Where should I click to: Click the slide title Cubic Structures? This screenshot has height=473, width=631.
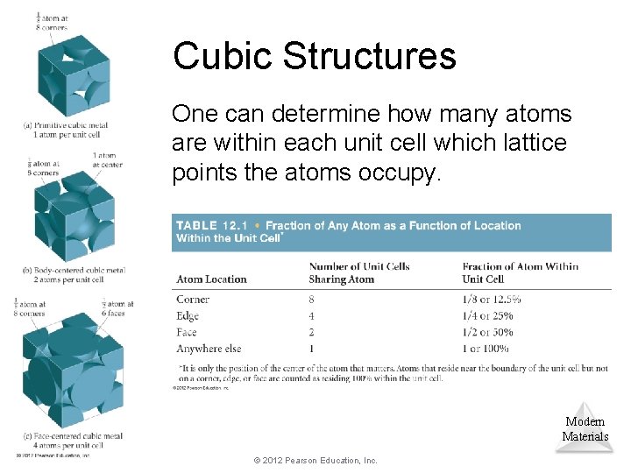point(315,56)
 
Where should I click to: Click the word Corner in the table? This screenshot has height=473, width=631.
point(193,300)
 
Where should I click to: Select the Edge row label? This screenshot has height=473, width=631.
point(188,316)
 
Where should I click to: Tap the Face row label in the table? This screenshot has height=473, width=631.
point(187,333)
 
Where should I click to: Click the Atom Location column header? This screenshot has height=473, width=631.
point(211,279)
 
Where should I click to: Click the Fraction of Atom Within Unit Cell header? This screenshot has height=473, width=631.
point(520,272)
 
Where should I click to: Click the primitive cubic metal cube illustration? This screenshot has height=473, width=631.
point(74,75)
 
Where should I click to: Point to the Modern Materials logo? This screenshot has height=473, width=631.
point(585,427)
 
